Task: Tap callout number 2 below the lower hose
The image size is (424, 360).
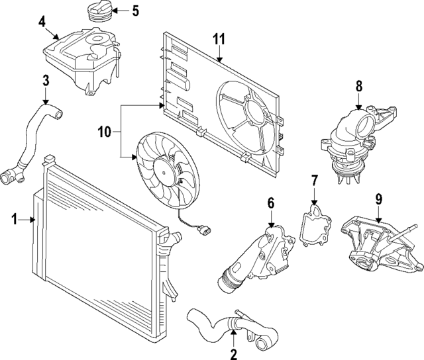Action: [233, 355]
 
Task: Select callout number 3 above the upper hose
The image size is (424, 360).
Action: [46, 81]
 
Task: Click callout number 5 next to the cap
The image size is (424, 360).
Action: [135, 11]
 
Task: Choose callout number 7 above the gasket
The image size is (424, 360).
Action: [315, 180]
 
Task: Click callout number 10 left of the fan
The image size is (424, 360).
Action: [103, 132]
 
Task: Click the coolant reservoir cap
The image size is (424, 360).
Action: [97, 13]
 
